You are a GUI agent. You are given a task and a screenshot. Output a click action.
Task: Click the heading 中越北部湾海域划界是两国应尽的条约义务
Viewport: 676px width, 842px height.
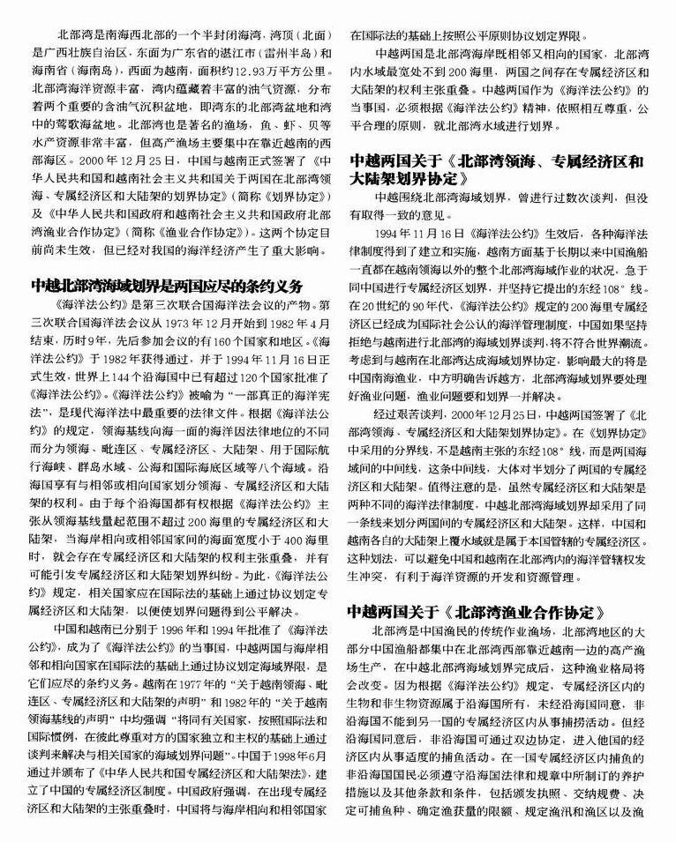tap(167, 286)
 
